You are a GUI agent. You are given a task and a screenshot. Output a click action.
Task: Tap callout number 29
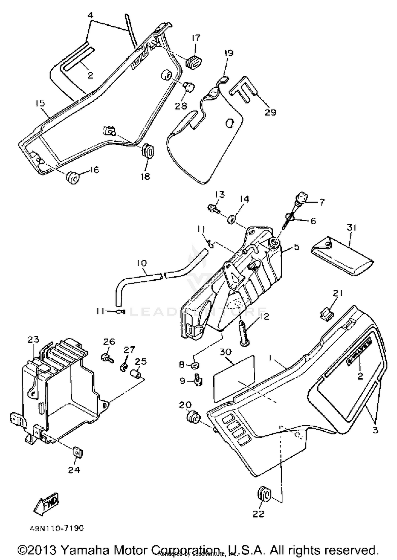(270, 112)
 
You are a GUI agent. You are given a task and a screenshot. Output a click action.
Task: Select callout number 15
(40, 103)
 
